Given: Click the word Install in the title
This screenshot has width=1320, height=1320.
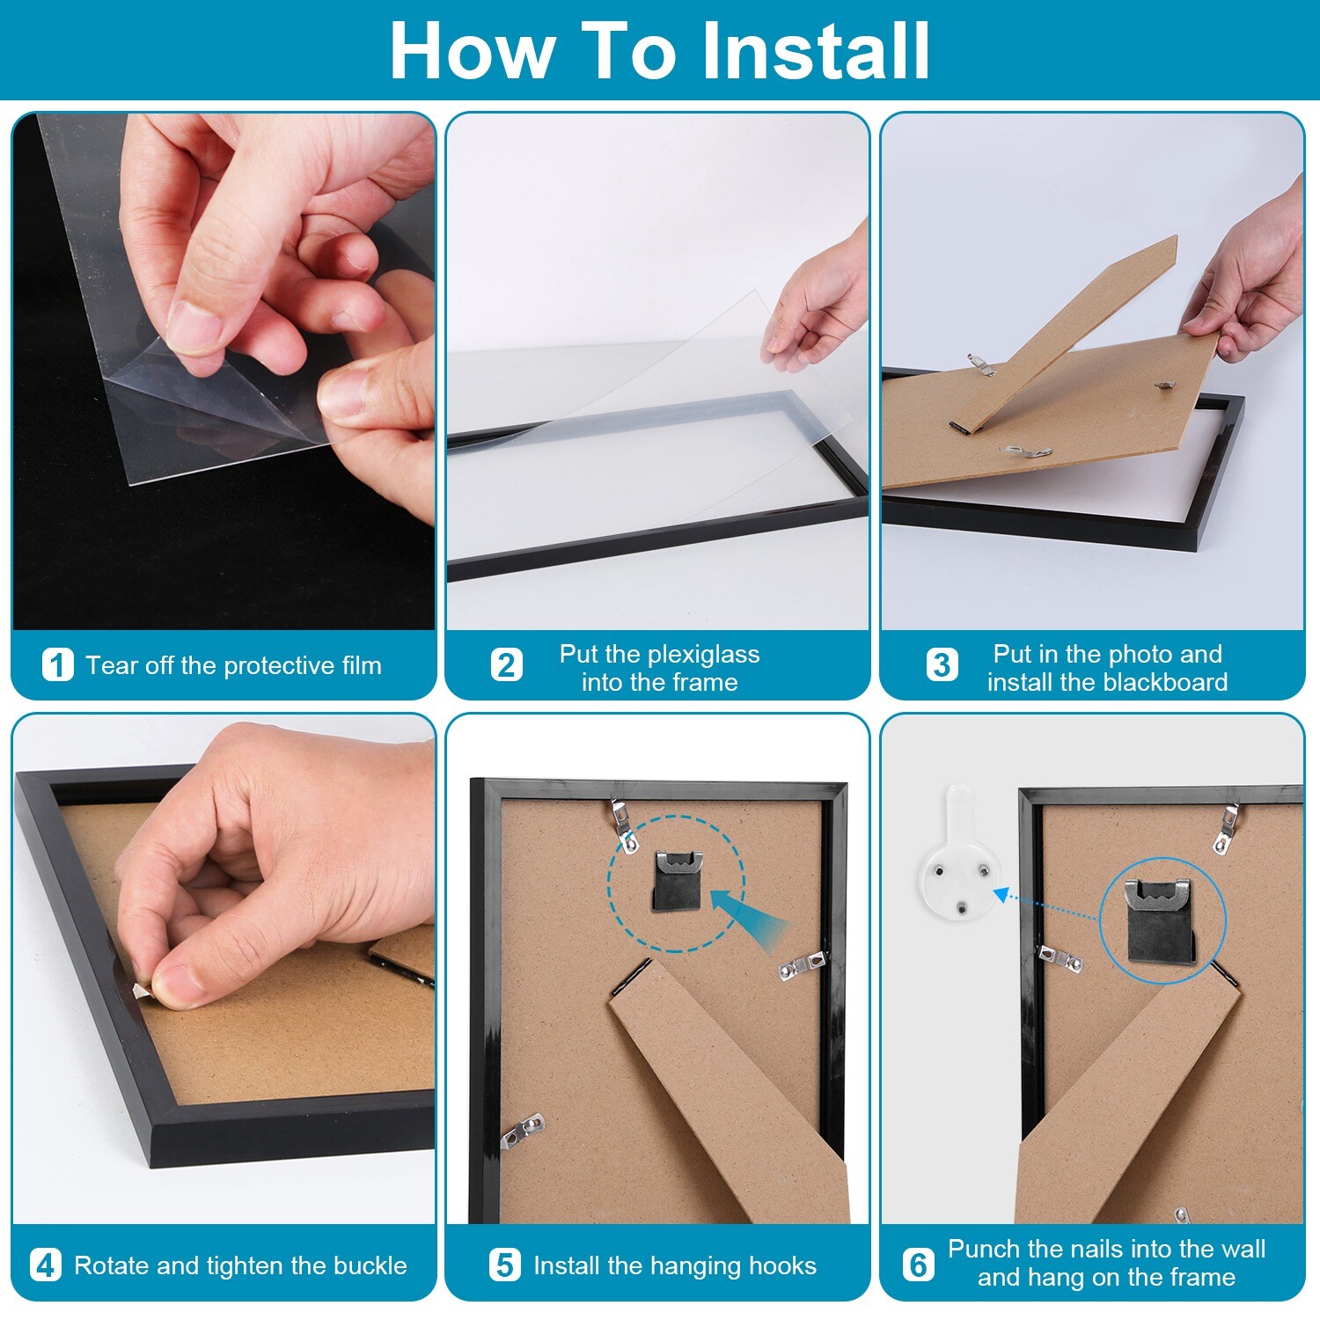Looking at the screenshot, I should [815, 51].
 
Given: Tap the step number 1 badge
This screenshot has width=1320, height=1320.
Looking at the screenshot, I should [58, 665].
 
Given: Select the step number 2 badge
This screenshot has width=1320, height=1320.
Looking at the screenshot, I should [506, 665].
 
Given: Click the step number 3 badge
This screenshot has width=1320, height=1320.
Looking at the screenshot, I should [941, 665].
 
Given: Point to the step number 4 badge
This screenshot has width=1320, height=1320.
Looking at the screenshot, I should [46, 1265].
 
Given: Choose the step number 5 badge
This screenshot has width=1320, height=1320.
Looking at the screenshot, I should [504, 1265].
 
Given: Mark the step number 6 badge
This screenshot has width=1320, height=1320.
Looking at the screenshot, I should [918, 1265].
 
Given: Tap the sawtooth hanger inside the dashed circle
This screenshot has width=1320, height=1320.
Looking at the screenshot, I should [677, 880].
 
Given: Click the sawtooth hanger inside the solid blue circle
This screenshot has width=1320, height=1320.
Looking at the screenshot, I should [1161, 920].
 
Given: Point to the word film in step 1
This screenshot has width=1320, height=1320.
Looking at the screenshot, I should [361, 665].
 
